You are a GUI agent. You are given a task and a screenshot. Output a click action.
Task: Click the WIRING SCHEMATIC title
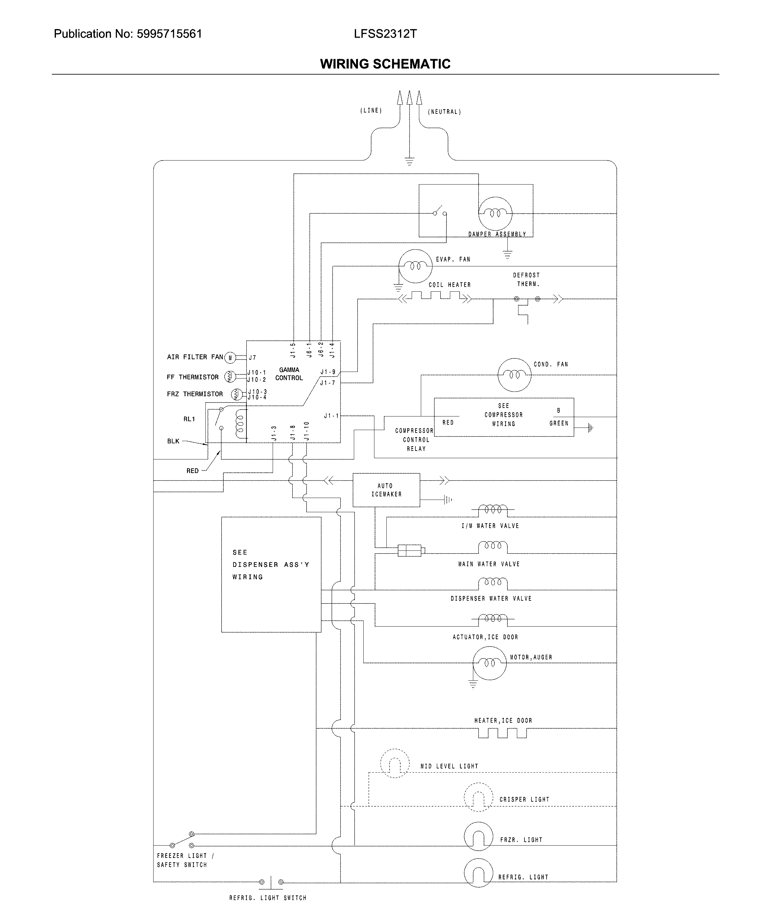[x=385, y=64]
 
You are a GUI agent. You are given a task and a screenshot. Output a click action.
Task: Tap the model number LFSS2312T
[x=385, y=34]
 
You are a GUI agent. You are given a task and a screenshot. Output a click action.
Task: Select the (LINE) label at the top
[x=371, y=111]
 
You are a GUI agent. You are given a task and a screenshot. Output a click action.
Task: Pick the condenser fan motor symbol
[x=514, y=375]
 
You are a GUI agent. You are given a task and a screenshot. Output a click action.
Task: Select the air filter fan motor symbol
[x=230, y=358]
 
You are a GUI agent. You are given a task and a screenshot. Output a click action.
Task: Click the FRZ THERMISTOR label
[x=195, y=394]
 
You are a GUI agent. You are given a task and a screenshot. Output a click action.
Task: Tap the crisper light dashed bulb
[x=478, y=797]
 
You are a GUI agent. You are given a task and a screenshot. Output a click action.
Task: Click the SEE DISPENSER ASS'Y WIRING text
[x=270, y=565]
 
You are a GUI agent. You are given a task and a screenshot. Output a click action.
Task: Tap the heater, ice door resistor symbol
[x=502, y=733]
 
